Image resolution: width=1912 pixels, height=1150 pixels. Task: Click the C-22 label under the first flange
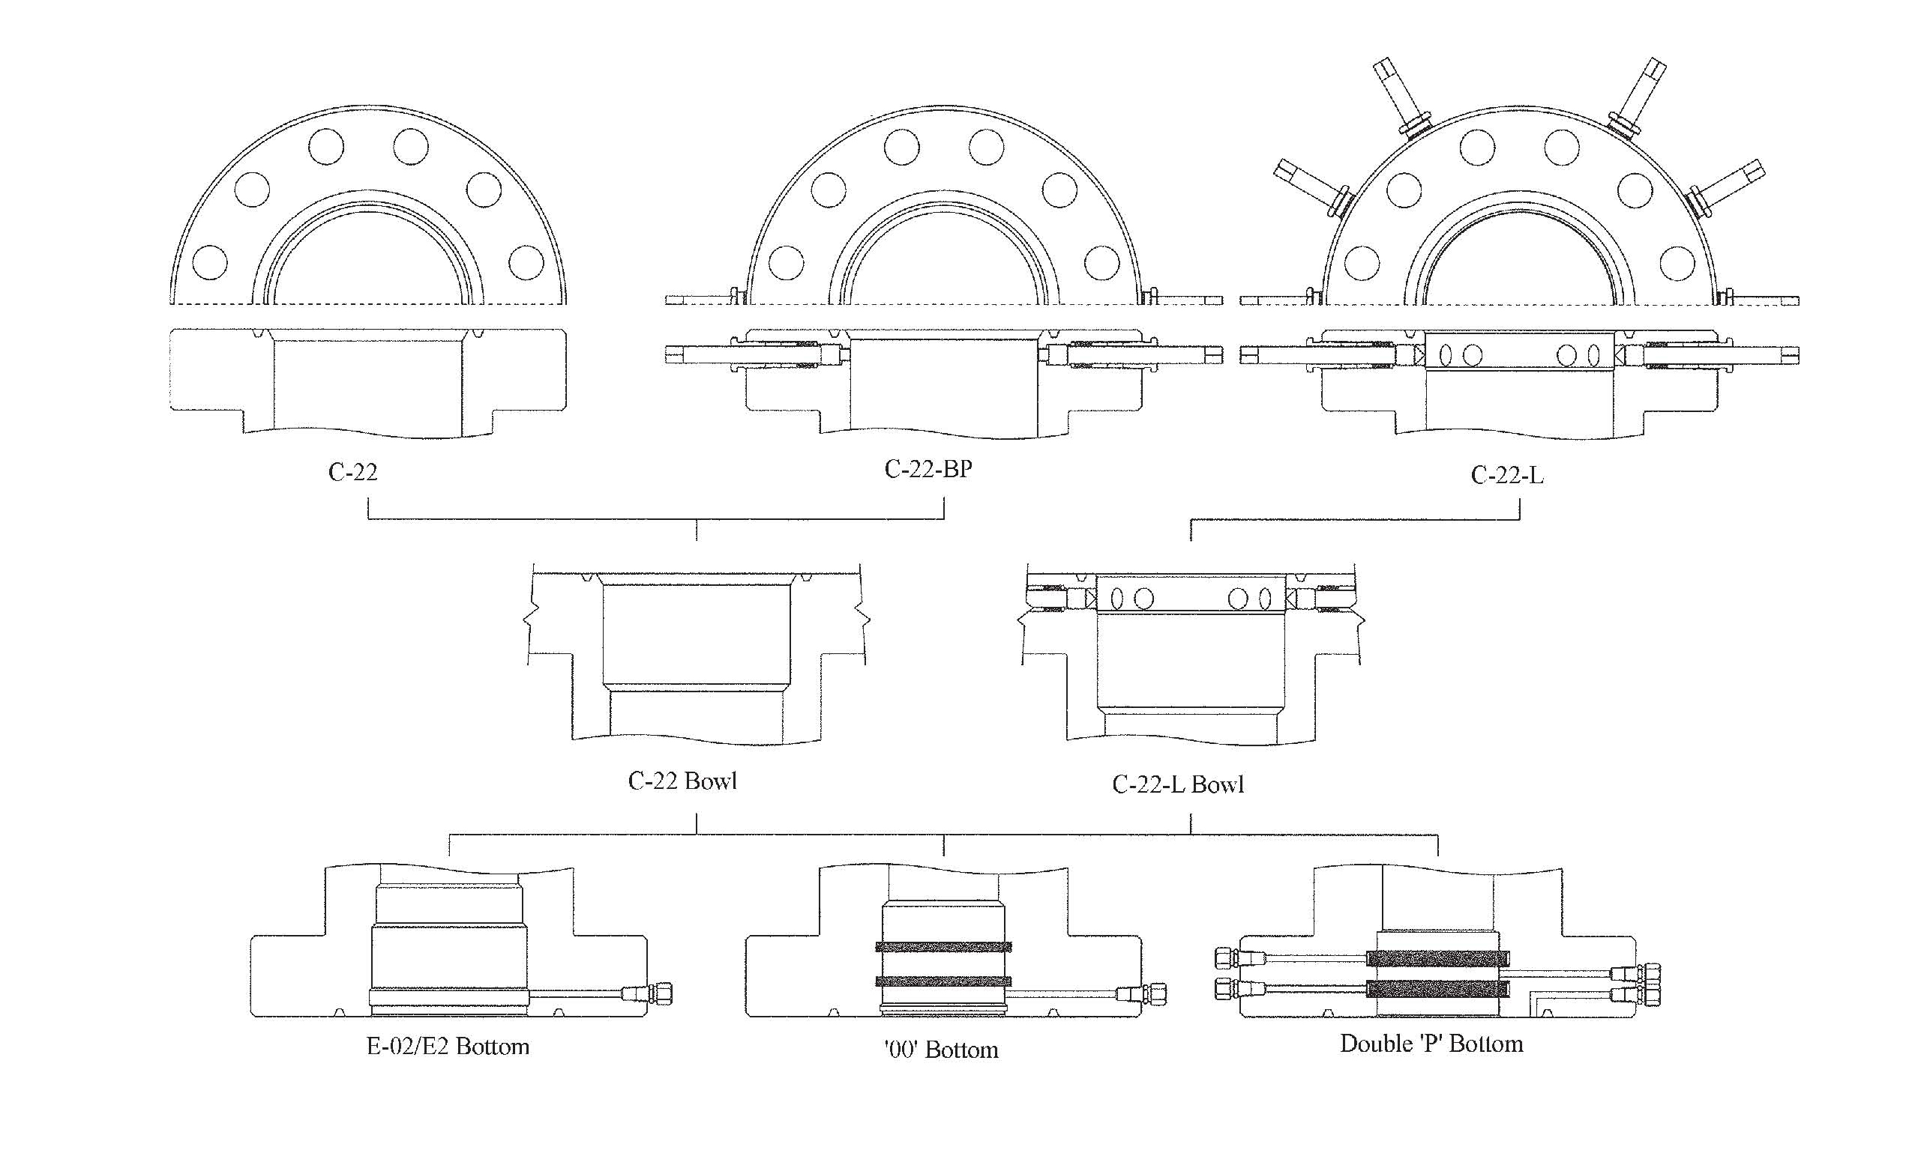coord(352,472)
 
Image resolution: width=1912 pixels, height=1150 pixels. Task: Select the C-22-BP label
coord(928,469)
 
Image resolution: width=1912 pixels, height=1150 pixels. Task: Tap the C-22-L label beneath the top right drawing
coord(1506,475)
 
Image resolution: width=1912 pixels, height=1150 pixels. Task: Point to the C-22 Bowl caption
coord(682,781)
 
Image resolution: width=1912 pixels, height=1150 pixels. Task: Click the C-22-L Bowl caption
coord(1177,784)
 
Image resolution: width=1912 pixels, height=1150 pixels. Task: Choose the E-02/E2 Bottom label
coord(448,1046)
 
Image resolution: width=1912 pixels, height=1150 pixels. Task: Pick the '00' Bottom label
coord(940,1050)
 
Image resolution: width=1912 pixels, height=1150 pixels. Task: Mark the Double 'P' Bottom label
coord(1431,1043)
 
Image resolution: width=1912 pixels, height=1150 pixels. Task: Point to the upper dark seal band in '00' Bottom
coord(943,946)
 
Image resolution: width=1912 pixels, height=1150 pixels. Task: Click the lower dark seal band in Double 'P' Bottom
coord(1437,988)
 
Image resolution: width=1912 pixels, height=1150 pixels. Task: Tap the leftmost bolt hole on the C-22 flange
coord(209,263)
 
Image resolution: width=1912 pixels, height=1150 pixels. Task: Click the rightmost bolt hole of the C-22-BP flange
coord(1101,263)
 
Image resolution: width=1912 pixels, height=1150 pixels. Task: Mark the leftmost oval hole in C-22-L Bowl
coord(1117,599)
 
